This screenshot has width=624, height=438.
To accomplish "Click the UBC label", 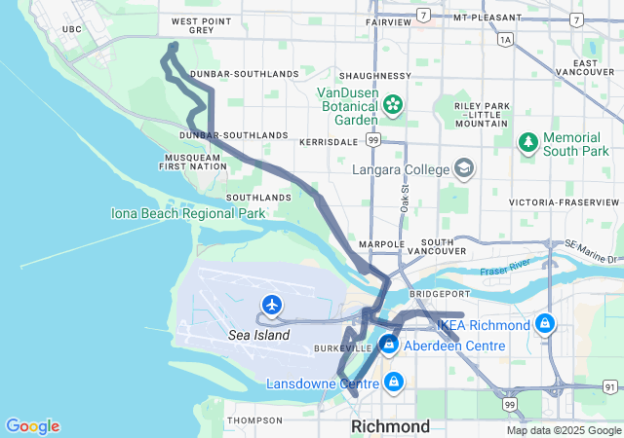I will tap(71, 30).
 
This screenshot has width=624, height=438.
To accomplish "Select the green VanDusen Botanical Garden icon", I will tap(393, 103).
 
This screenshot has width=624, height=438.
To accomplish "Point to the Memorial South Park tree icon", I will tap(528, 143).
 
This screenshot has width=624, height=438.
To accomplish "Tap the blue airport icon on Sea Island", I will tap(272, 306).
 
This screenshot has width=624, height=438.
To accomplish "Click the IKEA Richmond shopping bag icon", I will tap(545, 324).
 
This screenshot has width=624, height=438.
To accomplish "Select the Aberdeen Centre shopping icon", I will tap(389, 345).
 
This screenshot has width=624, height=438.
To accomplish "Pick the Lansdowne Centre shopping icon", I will tap(393, 383).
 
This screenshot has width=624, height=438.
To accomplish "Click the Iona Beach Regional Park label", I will tap(188, 213).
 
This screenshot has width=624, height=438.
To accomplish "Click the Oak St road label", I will tap(404, 201).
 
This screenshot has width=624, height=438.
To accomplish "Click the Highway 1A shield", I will tap(504, 40).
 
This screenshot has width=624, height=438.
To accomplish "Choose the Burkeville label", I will tap(341, 347).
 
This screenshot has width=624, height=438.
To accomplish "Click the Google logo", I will tap(33, 426).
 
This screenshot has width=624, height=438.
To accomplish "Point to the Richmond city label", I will tap(390, 426).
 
